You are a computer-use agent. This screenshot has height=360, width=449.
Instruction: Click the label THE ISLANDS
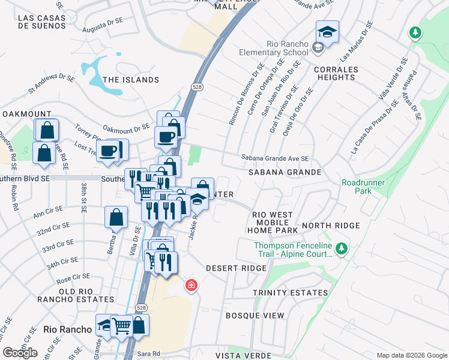(131, 80)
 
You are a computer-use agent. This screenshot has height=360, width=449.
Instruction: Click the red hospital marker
(191, 286)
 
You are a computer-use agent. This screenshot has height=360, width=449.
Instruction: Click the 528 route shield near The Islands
(197, 87)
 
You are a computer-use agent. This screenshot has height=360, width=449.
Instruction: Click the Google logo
(20, 353)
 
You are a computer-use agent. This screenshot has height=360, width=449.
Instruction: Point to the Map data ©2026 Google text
(411, 355)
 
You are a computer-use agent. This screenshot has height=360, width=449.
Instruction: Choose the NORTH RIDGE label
(331, 226)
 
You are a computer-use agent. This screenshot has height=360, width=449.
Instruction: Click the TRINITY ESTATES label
(290, 293)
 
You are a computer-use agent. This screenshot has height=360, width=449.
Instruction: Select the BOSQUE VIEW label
(255, 315)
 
